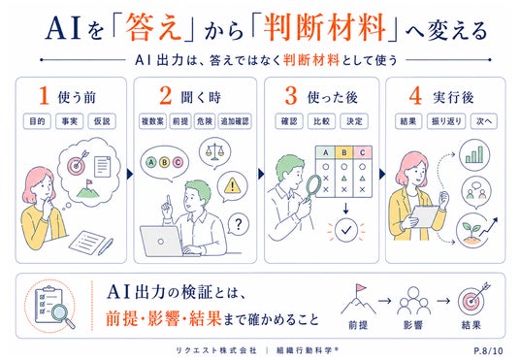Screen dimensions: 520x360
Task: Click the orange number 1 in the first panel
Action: [x=44, y=96]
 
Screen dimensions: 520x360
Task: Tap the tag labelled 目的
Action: [x=37, y=121]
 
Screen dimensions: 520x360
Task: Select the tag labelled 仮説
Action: [x=102, y=121]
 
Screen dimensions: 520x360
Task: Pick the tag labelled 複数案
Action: [x=152, y=121]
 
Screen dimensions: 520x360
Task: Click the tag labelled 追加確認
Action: [x=235, y=121]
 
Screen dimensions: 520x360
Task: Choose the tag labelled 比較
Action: [x=321, y=121]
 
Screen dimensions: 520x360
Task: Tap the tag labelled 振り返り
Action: [x=446, y=121]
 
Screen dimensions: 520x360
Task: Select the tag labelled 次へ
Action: [x=483, y=121]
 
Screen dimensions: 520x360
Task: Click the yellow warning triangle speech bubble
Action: [x=232, y=186]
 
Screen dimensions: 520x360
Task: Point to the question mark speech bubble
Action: [x=238, y=224]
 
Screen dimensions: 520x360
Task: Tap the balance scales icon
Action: [x=214, y=152]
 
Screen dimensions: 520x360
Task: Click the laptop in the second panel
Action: [x=162, y=242]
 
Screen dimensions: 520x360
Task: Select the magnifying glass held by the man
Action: [x=313, y=187]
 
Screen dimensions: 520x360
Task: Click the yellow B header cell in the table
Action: [x=343, y=152]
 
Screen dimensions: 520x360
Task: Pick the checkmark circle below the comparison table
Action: [x=346, y=230]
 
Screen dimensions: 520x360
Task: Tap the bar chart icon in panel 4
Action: [x=474, y=155]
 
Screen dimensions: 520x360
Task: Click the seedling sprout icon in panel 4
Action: [x=471, y=230]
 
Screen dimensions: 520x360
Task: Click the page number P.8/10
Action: [x=488, y=350]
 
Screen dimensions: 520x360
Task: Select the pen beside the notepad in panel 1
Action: [x=106, y=246]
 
